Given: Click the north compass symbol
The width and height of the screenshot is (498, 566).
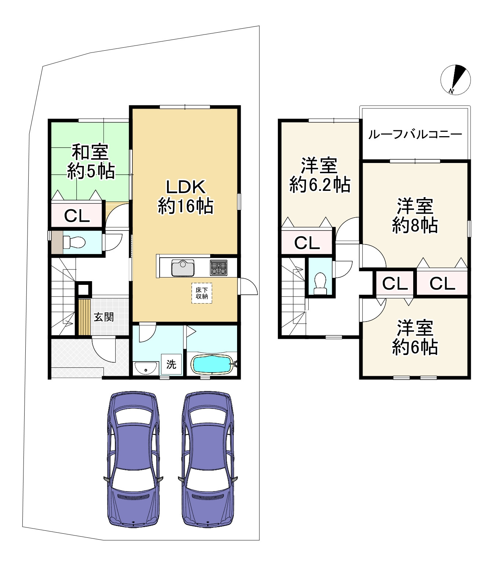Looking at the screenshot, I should coord(455,80).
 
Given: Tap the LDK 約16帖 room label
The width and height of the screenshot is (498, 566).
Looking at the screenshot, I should coord(186,197).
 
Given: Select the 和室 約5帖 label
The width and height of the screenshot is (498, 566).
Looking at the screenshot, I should coord(91,162).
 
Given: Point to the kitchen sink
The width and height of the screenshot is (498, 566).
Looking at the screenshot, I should coord(183,268).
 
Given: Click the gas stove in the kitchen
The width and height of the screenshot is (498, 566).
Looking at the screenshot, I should coord(219,268).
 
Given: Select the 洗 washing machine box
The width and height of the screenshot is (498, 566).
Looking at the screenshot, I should coord(171,364).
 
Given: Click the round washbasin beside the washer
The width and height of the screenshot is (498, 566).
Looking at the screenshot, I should coord(146,368).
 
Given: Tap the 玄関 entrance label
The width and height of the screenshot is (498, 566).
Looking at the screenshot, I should coord(104,317).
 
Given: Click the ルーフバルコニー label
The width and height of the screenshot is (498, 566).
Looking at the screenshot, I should coord(415,134).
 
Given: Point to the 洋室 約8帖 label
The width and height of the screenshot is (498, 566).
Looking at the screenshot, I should coord(415,216).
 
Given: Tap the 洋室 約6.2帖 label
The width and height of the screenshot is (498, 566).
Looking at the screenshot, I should coord(320,175).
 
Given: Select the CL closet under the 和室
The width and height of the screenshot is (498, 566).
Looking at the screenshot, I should coord(77,216).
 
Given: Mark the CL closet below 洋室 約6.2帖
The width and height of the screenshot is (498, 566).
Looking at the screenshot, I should coord(307,243).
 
